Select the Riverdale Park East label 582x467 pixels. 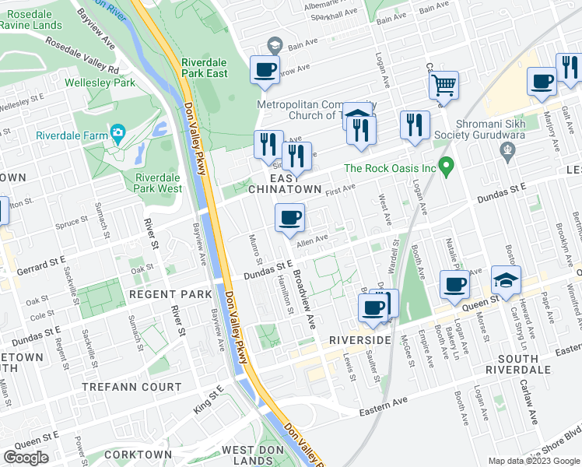point(204,68)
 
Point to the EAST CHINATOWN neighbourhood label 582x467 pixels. point(284,184)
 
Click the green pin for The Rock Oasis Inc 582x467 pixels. point(446,166)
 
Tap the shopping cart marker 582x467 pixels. point(444,85)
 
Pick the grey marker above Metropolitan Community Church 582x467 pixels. point(273,44)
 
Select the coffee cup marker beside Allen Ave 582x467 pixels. point(290,218)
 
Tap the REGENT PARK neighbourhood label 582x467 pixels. point(170,294)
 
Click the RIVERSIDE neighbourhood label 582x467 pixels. point(359,341)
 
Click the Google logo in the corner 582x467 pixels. point(26,458)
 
